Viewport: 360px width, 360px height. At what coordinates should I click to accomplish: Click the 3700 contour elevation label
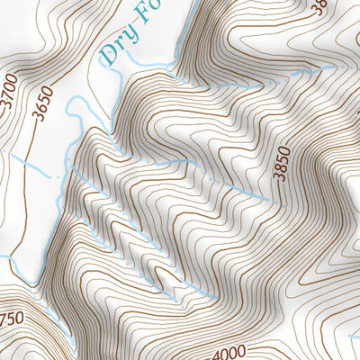point(9,91)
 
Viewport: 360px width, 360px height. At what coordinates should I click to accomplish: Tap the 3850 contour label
point(283,163)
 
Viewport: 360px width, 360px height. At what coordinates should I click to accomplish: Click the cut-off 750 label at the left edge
point(12,319)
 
